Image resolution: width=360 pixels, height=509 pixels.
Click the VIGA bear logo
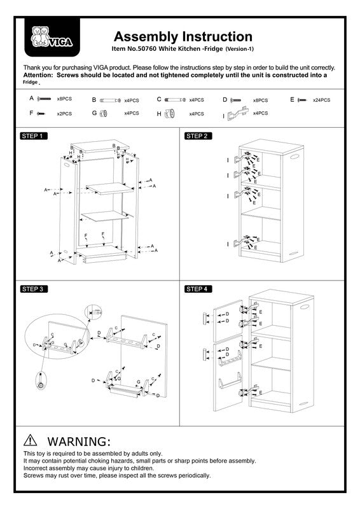(x=52, y=37)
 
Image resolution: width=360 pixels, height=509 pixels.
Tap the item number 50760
(x=146, y=49)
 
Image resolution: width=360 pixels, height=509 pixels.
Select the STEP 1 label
(x=34, y=136)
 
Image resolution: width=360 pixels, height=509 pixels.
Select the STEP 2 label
(x=198, y=136)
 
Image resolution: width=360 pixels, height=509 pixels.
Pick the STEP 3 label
(x=34, y=289)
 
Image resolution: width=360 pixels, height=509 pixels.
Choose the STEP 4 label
(x=198, y=289)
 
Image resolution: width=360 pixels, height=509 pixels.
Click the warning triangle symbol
(x=30, y=440)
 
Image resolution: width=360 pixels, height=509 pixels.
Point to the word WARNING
(x=79, y=442)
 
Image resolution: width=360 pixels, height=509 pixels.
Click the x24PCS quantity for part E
(x=321, y=100)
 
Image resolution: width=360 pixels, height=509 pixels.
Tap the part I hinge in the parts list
(x=238, y=114)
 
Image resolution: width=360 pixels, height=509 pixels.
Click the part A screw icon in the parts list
(x=44, y=99)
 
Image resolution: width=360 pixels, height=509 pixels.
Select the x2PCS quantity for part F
(x=64, y=114)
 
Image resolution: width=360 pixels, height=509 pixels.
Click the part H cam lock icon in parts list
(x=169, y=114)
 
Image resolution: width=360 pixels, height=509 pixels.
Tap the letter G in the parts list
(x=94, y=113)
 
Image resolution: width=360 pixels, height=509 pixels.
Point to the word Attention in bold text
(x=38, y=75)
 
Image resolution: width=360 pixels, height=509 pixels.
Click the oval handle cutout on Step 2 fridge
(x=294, y=157)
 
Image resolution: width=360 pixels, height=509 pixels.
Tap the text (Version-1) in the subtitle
(x=240, y=49)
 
